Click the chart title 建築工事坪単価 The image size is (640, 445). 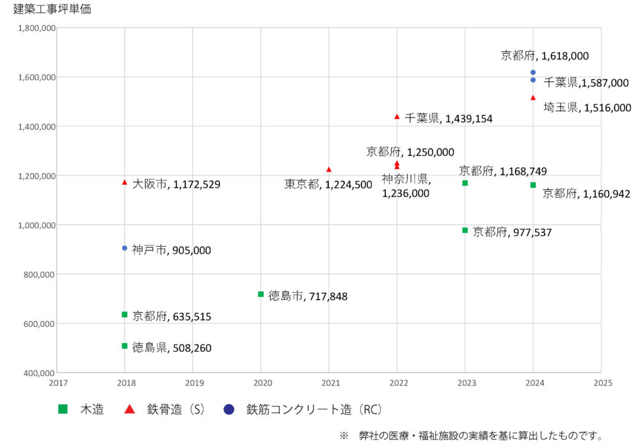tap(52, 10)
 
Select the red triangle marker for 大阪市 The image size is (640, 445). tap(125, 182)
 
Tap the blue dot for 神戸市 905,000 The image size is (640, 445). tap(125, 248)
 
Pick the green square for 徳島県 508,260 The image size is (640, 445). tap(125, 346)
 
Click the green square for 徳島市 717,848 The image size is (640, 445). tap(260, 294)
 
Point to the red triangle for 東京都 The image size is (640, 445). tap(329, 169)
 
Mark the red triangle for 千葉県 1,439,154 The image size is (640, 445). tap(397, 116)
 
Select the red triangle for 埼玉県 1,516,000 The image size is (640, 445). tap(533, 97)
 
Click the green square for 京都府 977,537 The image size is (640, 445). tap(465, 230)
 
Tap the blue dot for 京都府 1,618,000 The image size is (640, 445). tap(533, 72)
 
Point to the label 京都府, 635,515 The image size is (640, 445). tap(172, 316)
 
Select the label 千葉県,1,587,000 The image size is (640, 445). tap(586, 82)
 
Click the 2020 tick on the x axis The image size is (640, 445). tap(262, 383)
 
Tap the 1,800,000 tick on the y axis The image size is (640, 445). tap(36, 28)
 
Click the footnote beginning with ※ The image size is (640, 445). tap(471, 435)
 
